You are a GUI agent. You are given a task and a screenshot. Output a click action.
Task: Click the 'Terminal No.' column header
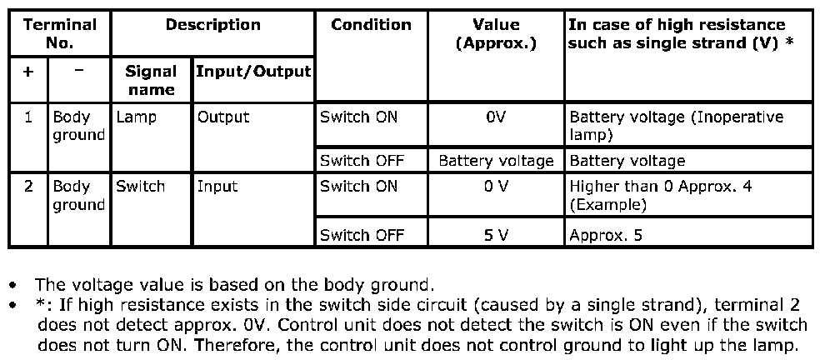coord(59,33)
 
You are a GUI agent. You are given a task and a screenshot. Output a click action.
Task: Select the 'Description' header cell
coord(212,25)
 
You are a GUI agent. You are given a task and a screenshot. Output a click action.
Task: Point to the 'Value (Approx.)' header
coord(496,33)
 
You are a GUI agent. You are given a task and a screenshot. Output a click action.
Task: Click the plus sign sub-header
coord(28,72)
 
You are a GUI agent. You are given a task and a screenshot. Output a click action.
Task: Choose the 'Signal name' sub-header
coord(151,80)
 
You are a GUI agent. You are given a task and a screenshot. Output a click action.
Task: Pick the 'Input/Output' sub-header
coord(252,72)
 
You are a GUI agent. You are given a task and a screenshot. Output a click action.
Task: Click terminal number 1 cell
coord(28,117)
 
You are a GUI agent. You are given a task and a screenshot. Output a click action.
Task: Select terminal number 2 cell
coord(28,187)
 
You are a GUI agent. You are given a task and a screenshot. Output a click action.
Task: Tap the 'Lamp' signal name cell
coord(137,117)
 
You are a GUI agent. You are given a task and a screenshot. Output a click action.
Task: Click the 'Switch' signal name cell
coord(141,187)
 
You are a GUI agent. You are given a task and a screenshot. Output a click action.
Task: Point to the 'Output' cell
coord(223,117)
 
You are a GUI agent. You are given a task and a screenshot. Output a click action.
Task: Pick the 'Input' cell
coord(217,187)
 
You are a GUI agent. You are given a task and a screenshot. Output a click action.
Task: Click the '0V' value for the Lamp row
coord(496,117)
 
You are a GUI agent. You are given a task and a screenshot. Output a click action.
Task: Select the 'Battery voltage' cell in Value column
coord(496,161)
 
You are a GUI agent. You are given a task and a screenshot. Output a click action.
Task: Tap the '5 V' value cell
coord(496,236)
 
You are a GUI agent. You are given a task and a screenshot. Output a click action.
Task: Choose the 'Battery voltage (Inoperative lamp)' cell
coord(676,126)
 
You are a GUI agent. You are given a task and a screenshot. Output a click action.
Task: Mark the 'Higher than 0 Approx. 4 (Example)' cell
coord(660,195)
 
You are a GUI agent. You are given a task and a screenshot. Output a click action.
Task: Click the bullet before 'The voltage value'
coord(13,286)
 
